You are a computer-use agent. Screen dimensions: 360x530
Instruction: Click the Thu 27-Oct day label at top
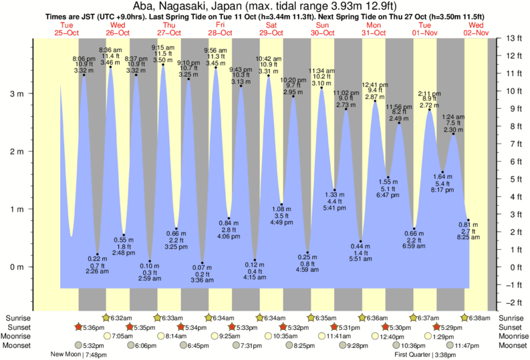[168, 29]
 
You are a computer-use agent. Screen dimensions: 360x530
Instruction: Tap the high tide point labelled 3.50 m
[162, 65]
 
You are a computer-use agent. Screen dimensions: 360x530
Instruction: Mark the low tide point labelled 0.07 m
[203, 263]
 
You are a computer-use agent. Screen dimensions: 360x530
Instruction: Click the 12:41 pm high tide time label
[374, 85]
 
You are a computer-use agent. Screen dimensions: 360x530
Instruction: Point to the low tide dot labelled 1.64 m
[442, 172]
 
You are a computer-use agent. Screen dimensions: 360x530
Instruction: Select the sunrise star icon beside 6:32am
[106, 318]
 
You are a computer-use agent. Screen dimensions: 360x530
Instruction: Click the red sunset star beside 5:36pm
[79, 327]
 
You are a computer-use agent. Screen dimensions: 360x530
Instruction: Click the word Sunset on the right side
[511, 327]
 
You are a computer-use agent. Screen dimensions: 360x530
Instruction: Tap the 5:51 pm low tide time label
[361, 260]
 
